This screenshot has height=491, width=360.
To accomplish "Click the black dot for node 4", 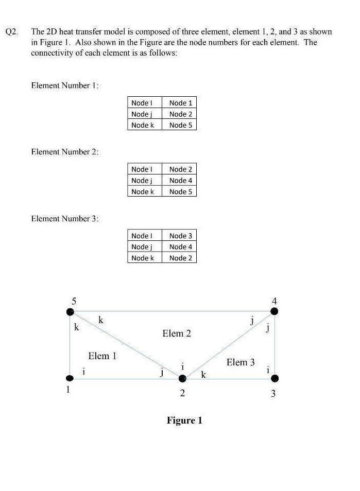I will point(275,311).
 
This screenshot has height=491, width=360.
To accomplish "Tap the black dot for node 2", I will point(182,379).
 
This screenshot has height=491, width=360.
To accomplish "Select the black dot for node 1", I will point(71,379).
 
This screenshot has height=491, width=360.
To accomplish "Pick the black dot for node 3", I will point(275,379).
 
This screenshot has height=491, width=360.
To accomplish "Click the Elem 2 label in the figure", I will point(177,334).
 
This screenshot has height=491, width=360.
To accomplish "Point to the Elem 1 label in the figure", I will point(102,356).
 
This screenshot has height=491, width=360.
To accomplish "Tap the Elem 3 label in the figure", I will point(241,362).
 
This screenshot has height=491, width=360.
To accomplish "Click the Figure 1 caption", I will point(184,420).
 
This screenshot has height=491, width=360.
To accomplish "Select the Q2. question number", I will point(12,32).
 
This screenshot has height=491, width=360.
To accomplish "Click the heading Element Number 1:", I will point(65,85).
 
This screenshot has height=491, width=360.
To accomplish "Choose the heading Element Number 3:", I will point(65,219).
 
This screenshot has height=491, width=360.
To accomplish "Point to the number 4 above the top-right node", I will point(275,301).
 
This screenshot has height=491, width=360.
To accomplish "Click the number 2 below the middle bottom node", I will point(182,394).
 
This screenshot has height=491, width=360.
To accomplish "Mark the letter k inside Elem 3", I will point(203,375).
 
